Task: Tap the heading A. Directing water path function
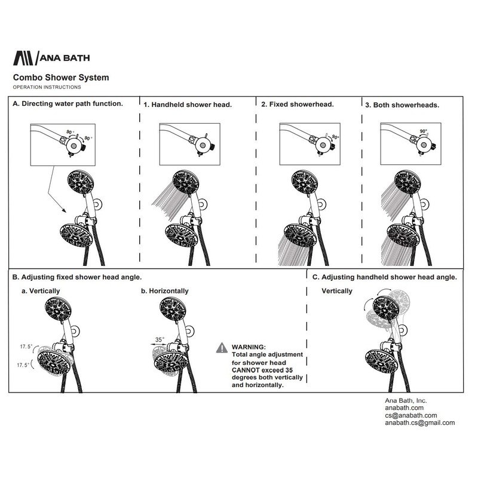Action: pos(68,103)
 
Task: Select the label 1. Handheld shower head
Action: pos(188,105)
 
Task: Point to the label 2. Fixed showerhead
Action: pos(297,104)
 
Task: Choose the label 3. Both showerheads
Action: pos(403,104)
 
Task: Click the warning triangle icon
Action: pos(222,347)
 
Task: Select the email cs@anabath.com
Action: pos(410,415)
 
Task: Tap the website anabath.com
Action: pos(404,407)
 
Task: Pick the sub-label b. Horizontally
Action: pos(164,291)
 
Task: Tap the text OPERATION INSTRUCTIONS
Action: pos(47,87)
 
